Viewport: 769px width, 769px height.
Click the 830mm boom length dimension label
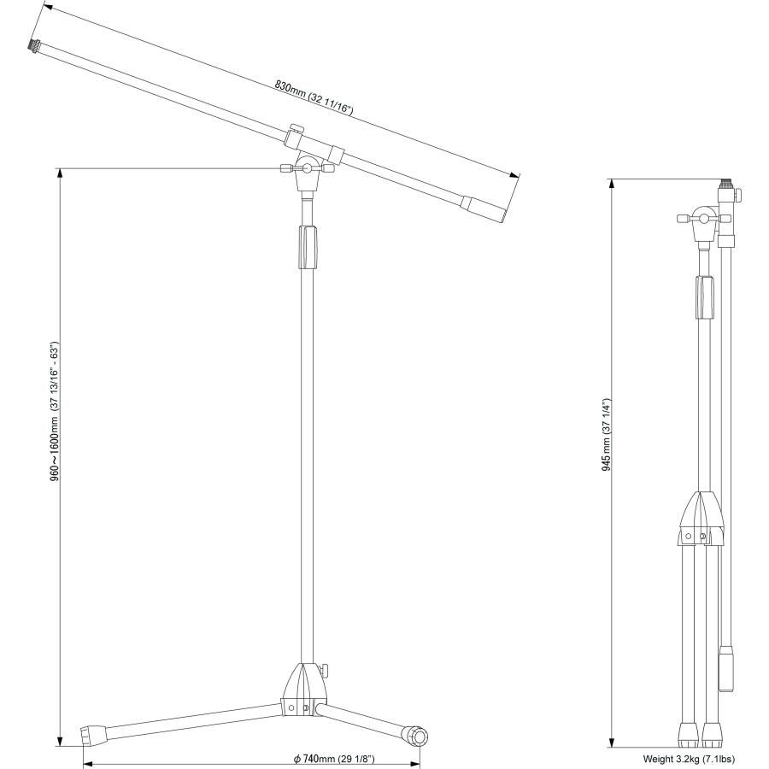tap(314, 97)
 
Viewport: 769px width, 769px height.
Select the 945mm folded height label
tap(607, 435)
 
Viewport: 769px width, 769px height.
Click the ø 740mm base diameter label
tap(334, 759)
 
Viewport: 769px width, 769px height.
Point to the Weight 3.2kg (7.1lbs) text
tap(689, 759)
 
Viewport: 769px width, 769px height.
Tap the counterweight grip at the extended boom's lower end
tap(484, 210)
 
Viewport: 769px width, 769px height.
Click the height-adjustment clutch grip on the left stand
tap(308, 247)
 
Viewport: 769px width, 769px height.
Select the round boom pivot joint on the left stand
tap(308, 168)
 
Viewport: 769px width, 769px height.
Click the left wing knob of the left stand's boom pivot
tap(287, 168)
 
